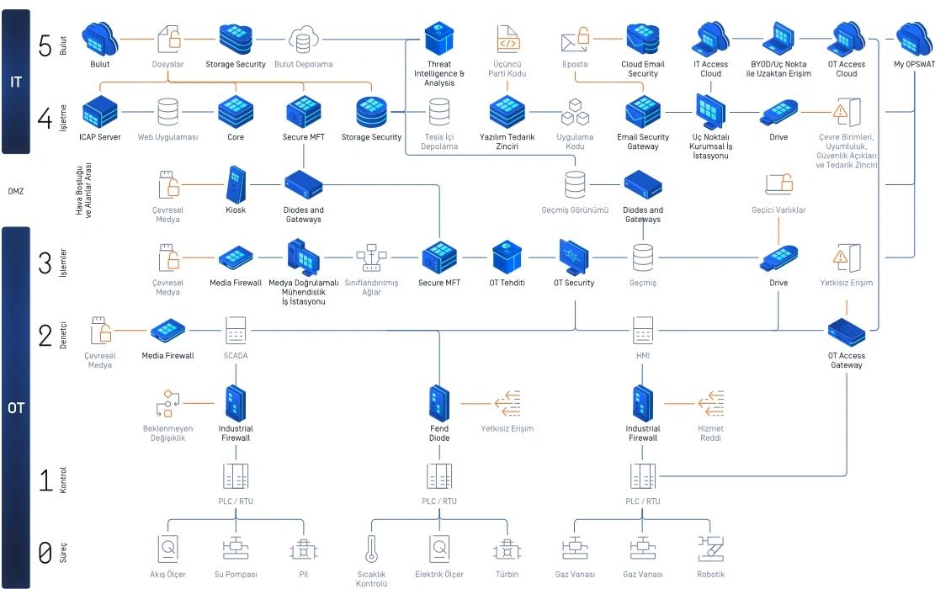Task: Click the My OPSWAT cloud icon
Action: click(x=914, y=39)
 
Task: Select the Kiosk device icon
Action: click(x=236, y=183)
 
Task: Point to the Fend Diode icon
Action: click(x=439, y=404)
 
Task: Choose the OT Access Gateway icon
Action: click(x=847, y=333)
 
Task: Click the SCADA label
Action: click(x=236, y=356)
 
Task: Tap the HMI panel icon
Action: click(x=643, y=330)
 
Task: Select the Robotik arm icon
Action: click(x=711, y=549)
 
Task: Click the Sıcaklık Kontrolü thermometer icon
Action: click(x=370, y=549)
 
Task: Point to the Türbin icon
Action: click(x=507, y=549)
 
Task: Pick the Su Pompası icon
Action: click(x=236, y=549)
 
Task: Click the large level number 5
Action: click(x=45, y=46)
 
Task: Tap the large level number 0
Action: click(x=45, y=553)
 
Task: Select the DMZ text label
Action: click(x=16, y=191)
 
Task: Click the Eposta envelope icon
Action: click(x=575, y=40)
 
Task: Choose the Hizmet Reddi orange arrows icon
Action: click(x=711, y=404)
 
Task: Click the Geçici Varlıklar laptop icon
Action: click(x=778, y=184)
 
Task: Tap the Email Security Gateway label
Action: click(x=643, y=142)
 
